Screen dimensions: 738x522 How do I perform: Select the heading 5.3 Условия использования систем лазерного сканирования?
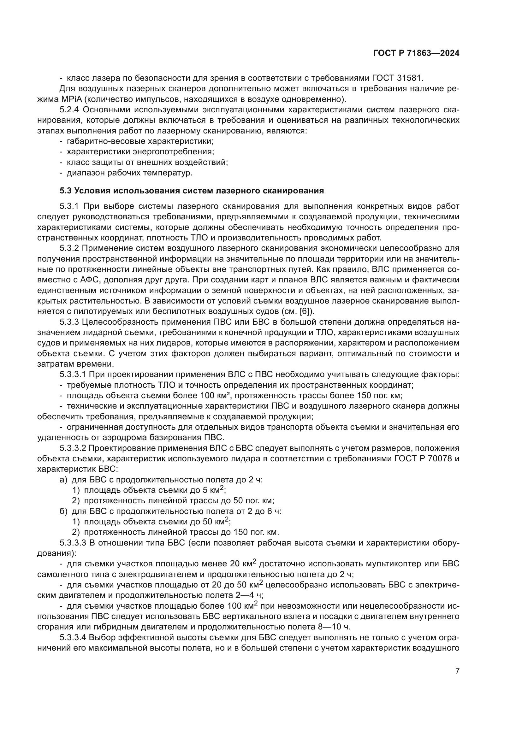tap(192, 191)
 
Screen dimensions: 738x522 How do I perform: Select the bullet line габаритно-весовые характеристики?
tap(140, 141)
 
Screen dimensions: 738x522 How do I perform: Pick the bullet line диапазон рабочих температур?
tap(129, 173)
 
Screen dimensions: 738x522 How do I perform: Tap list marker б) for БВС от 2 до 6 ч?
tap(63, 511)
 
